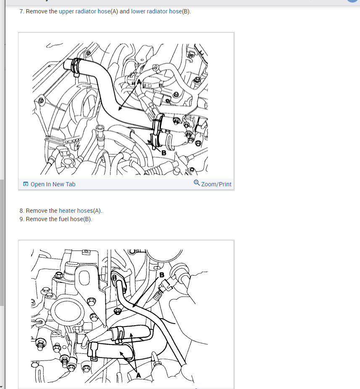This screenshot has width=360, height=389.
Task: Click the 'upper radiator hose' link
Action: point(84,11)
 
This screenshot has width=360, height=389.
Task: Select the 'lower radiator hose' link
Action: point(156,11)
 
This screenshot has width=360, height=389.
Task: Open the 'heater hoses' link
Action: point(76,211)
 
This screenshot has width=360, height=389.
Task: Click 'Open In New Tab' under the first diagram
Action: point(53,184)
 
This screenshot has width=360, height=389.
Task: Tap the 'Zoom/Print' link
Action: point(216,184)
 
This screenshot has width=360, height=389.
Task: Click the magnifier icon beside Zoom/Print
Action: point(197,183)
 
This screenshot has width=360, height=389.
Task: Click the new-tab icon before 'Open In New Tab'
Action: point(26,184)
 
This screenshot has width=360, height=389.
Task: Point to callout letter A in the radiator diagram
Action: point(139,82)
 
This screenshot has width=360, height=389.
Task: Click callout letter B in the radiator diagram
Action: point(164,153)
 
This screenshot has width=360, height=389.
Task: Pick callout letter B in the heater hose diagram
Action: point(162,275)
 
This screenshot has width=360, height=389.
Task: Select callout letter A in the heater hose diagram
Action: point(139,375)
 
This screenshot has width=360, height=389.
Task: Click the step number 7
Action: point(21,11)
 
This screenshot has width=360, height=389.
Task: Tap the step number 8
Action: point(21,211)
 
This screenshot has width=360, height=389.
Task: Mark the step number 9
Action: point(21,219)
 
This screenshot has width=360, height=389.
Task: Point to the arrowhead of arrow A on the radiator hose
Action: point(120,109)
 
